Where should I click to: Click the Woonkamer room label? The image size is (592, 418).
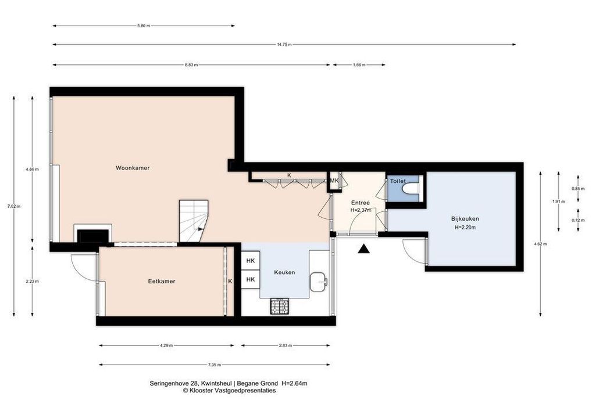coord(133,168)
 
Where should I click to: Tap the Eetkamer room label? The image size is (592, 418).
coord(162,281)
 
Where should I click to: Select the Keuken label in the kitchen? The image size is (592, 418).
coord(284,272)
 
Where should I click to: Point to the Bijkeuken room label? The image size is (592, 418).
coord(465,219)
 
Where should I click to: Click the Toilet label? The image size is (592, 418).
coord(398,181)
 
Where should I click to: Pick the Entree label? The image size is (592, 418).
coord(361,203)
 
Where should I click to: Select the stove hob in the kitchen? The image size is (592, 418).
coord(279,306)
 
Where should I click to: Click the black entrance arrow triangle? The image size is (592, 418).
coord(364,248)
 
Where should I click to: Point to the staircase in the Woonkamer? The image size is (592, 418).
coord(193,221)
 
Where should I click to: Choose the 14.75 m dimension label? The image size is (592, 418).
coord(284,45)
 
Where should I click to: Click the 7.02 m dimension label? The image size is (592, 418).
coord(14,206)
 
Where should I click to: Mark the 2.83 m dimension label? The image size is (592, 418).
coord(286,345)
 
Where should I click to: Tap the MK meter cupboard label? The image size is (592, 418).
coord(334,181)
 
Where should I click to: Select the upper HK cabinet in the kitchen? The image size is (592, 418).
coord(251,261)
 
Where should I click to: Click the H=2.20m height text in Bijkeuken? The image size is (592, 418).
coord(465,228)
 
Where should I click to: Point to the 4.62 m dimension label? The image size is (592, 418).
coord(540,244)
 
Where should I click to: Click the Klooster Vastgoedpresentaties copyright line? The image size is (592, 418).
coord(229,391)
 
